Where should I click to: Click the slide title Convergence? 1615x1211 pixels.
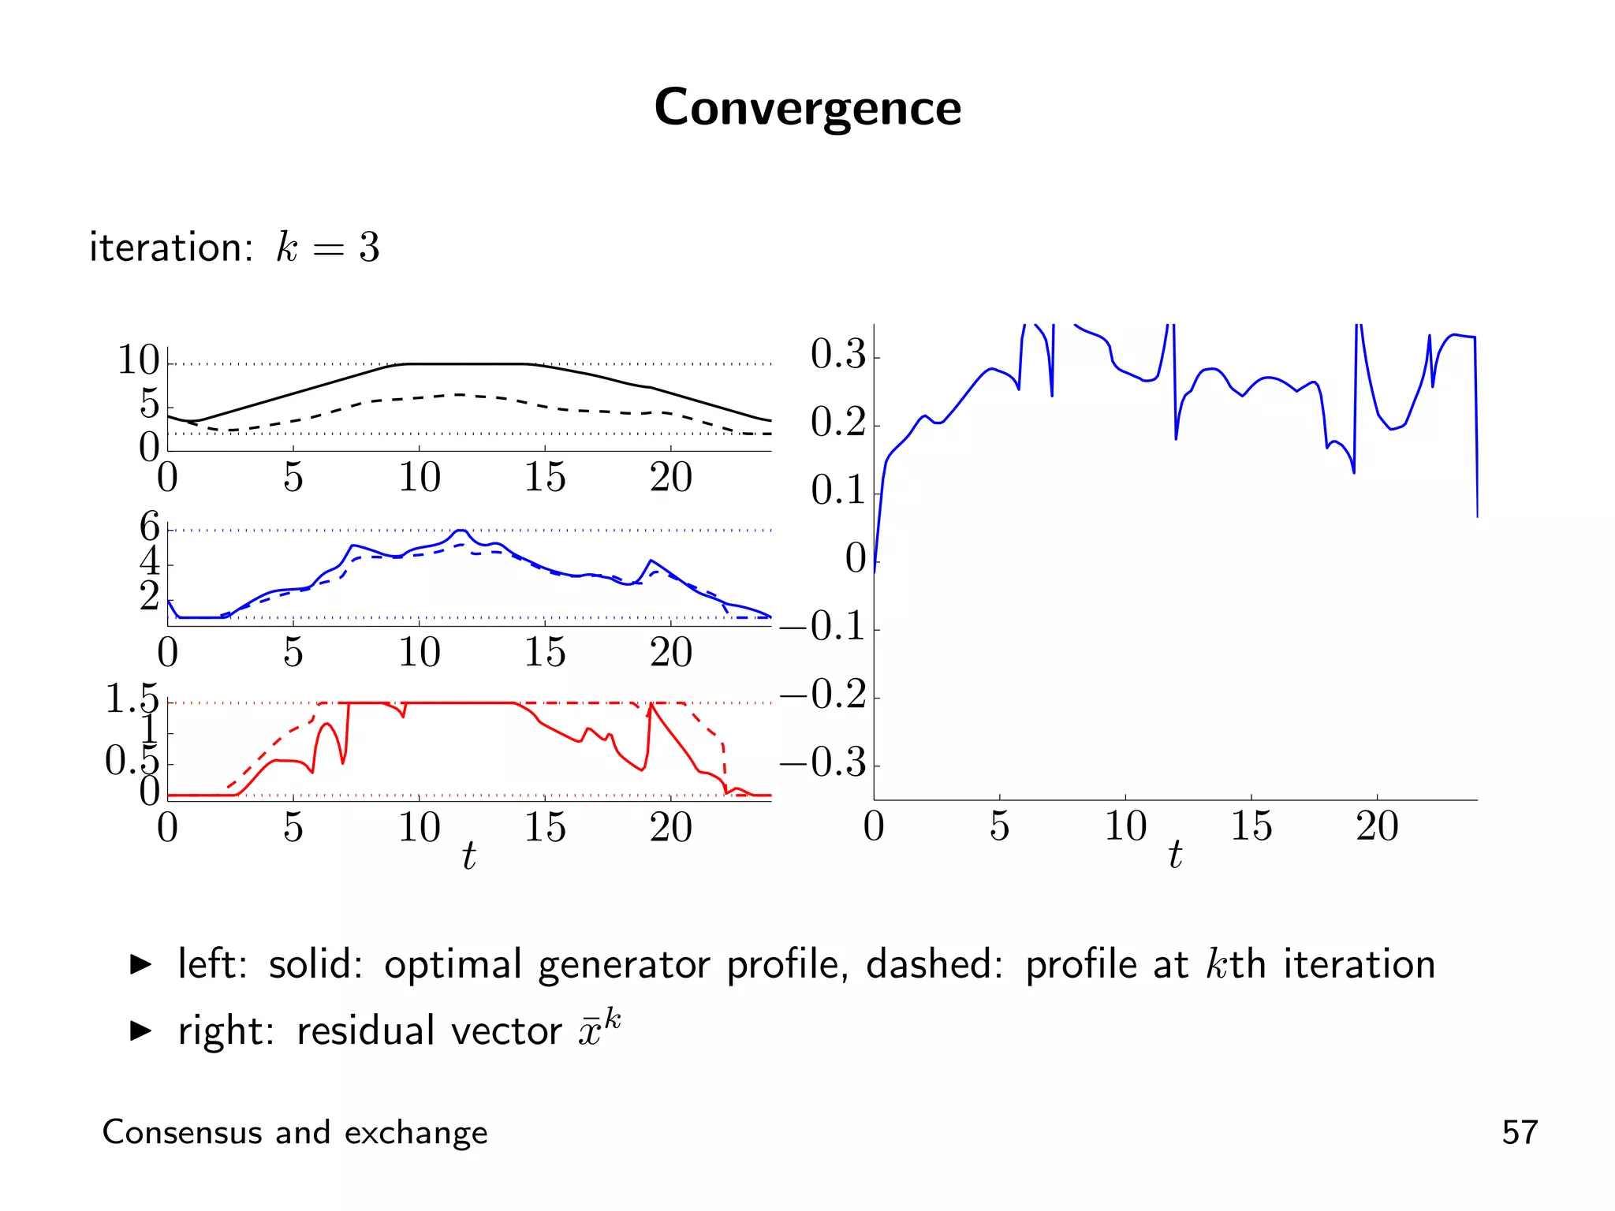click(x=807, y=108)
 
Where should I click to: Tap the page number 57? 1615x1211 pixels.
click(x=1519, y=1132)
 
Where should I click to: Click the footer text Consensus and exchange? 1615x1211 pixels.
click(x=295, y=1132)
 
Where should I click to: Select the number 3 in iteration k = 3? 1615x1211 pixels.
click(x=369, y=248)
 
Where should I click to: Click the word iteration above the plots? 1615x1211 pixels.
click(x=170, y=248)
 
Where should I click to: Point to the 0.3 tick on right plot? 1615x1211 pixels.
click(x=838, y=354)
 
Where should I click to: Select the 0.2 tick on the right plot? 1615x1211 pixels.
click(x=838, y=423)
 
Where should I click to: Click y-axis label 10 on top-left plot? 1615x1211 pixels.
click(x=138, y=360)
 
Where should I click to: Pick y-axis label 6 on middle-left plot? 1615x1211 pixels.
click(x=149, y=527)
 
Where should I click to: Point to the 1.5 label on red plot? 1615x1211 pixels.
click(x=132, y=699)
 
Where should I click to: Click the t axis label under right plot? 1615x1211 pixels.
click(x=1175, y=855)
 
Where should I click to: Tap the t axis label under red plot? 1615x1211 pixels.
click(x=468, y=855)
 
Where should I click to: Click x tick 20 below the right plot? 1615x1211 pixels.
click(x=1377, y=827)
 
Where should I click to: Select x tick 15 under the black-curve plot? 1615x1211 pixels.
click(x=545, y=478)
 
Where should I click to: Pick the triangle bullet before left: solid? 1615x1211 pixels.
click(x=140, y=964)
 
